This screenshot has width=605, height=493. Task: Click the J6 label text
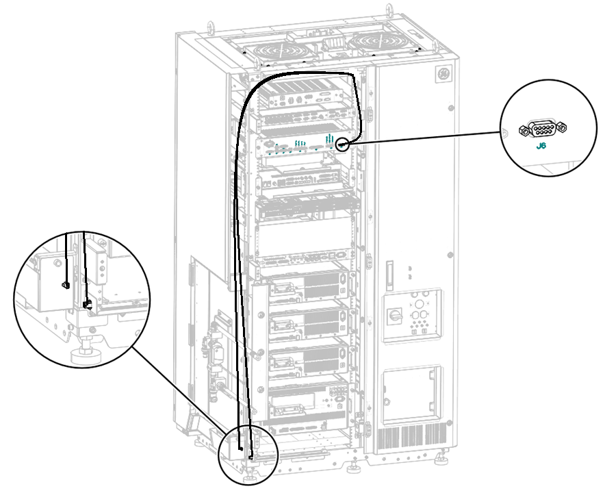click(541, 146)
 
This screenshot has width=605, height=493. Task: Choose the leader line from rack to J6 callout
click(424, 138)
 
